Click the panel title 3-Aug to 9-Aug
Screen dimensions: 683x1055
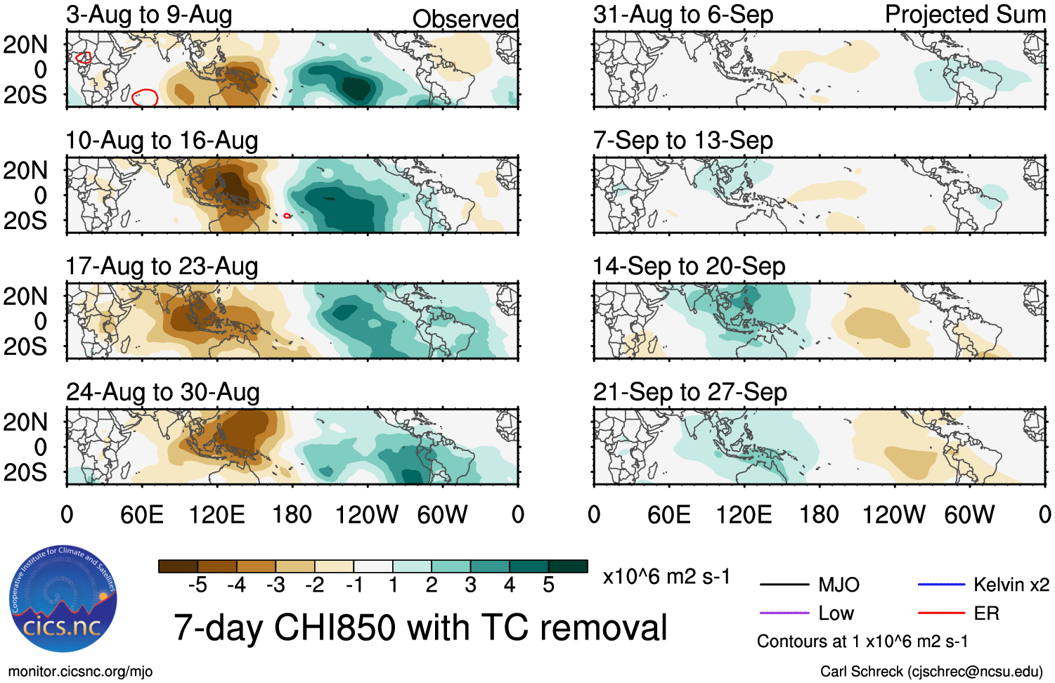[x=149, y=15]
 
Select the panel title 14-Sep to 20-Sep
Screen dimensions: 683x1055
[x=689, y=266]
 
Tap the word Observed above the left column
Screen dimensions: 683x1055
[x=465, y=19]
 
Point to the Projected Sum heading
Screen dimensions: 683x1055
[x=965, y=15]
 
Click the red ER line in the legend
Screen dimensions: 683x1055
[x=941, y=613]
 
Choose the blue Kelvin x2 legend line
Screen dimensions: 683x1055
[x=941, y=585]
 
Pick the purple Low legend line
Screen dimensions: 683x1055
[x=784, y=613]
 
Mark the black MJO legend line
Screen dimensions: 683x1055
[x=784, y=585]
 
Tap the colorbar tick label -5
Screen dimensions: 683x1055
[x=198, y=585]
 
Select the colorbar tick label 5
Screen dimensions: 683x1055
[x=548, y=585]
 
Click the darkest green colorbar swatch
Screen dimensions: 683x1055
[x=568, y=566]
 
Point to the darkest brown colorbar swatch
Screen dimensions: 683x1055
[x=178, y=566]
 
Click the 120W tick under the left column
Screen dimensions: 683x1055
[x=367, y=515]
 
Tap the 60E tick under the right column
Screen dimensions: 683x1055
[x=668, y=515]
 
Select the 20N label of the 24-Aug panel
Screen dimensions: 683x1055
[x=25, y=422]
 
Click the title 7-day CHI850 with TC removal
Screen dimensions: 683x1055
[x=420, y=627]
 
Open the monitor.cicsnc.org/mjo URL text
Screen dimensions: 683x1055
[x=80, y=672]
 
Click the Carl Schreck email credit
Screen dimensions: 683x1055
[x=931, y=672]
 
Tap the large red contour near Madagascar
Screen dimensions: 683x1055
[x=145, y=98]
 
